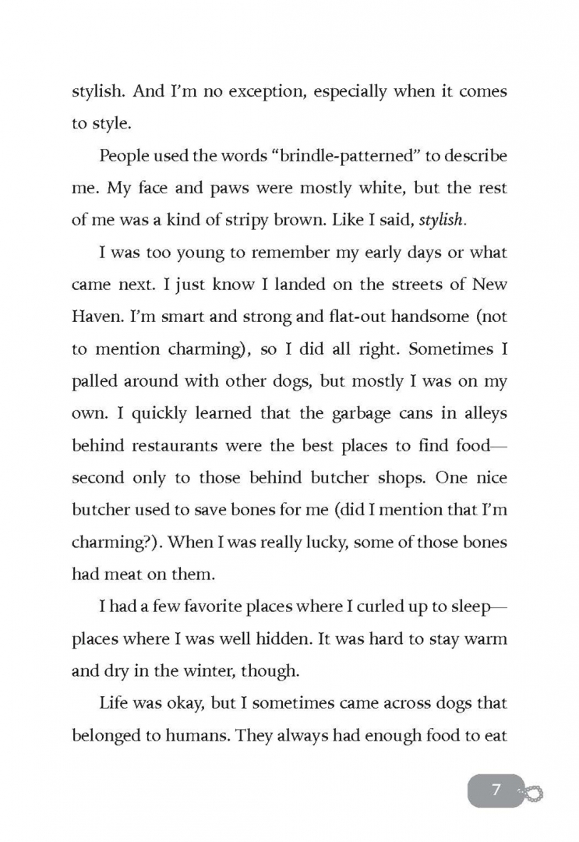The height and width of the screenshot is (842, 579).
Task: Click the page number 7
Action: [x=496, y=791]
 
